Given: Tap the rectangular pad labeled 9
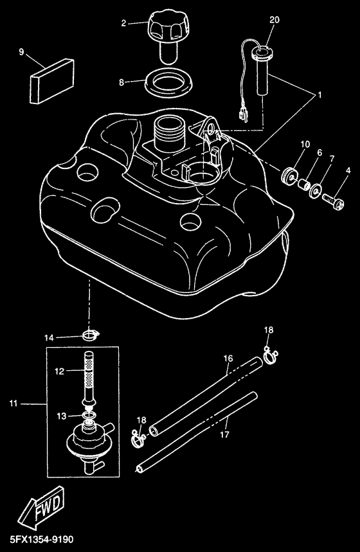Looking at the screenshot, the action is click(x=52, y=81).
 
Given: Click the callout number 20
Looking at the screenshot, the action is click(x=274, y=20).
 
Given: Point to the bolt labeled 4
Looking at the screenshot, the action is click(x=333, y=203).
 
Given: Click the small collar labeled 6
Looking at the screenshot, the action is click(x=304, y=183).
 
